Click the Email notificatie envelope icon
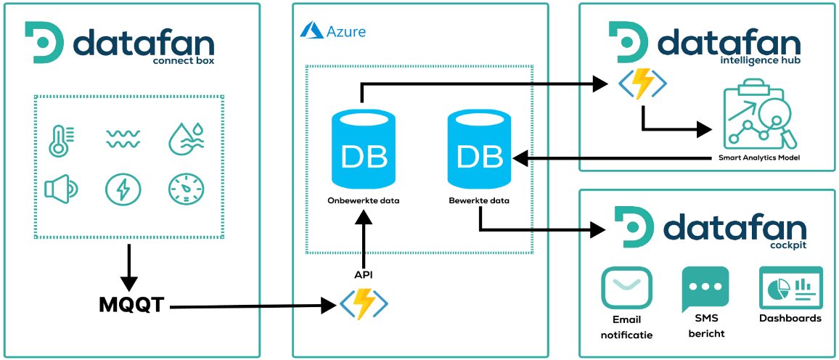tap(626, 288)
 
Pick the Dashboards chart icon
tap(790, 287)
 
